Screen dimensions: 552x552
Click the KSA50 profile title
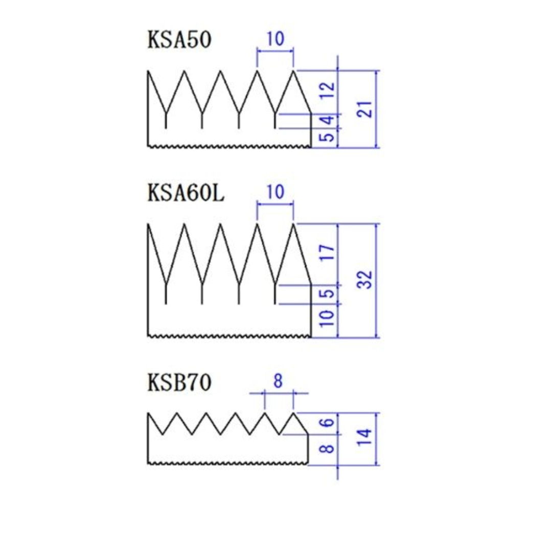179,39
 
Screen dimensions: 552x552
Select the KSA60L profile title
186,193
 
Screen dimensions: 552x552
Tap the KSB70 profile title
179,382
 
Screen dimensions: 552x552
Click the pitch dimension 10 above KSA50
275,38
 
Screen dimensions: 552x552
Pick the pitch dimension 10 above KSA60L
275,192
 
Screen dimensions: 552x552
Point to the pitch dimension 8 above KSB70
278,381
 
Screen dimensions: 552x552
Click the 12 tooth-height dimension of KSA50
327,90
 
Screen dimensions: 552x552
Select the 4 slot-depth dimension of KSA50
328,121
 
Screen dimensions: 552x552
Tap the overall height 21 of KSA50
365,109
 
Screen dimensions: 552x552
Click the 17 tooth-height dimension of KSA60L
327,252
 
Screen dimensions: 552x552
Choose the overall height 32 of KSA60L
365,280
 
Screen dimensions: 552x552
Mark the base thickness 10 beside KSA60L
327,318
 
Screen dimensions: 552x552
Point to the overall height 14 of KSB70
365,438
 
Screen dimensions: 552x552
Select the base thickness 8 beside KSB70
328,449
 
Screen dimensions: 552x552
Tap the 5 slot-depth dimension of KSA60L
328,293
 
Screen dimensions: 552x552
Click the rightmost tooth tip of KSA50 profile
293,71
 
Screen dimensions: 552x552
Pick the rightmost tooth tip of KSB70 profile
293,413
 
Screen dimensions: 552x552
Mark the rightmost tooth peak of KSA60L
293,224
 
